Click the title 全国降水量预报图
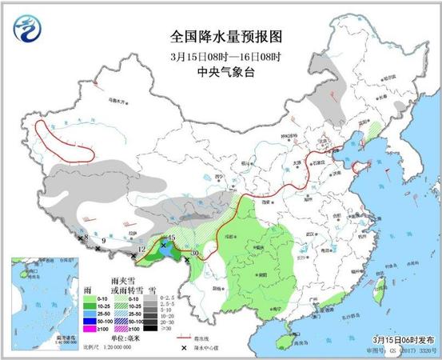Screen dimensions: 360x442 click(x=226, y=37)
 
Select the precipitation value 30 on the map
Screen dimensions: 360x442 click(x=194, y=254)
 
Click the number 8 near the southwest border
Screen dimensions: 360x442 click(x=86, y=238)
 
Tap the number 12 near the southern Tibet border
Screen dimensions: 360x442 click(x=141, y=250)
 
